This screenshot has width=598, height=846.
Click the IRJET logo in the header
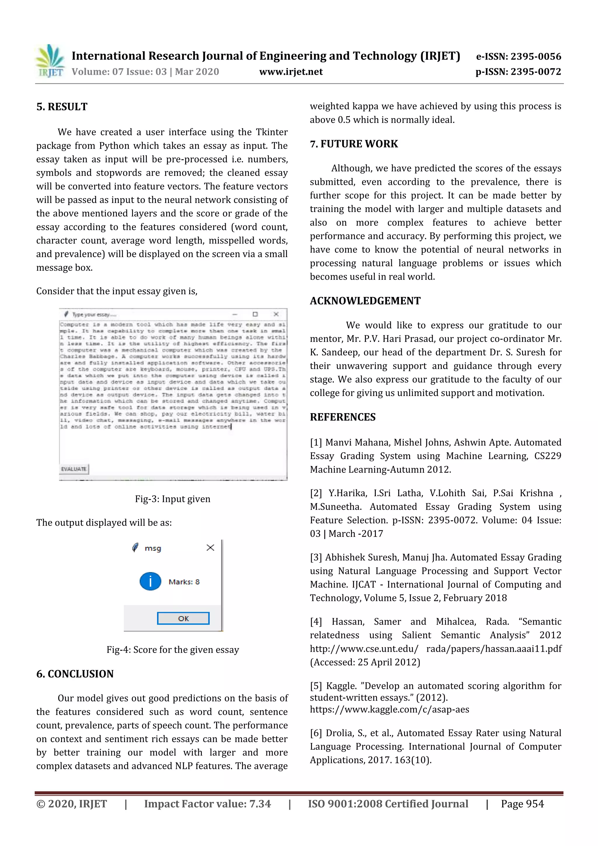click(x=51, y=61)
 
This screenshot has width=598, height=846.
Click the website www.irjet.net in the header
click(x=291, y=72)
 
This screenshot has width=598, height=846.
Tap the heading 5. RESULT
click(x=62, y=107)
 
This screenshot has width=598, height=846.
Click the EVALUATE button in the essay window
click(x=74, y=469)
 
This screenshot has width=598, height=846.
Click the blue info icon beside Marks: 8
click(x=150, y=581)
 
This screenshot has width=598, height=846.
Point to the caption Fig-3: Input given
click(x=173, y=499)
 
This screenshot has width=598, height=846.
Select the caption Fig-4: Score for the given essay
click(x=173, y=649)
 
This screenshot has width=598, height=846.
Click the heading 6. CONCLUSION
click(x=75, y=674)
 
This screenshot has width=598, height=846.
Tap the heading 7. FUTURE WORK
click(x=354, y=144)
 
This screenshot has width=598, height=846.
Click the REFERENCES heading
click(x=343, y=417)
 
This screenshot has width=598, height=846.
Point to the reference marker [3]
click(x=316, y=557)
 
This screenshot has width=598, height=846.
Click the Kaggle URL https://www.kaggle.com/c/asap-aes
click(x=390, y=709)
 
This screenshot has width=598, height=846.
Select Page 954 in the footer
click(x=522, y=804)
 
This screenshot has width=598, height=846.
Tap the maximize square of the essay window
click(x=255, y=314)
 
